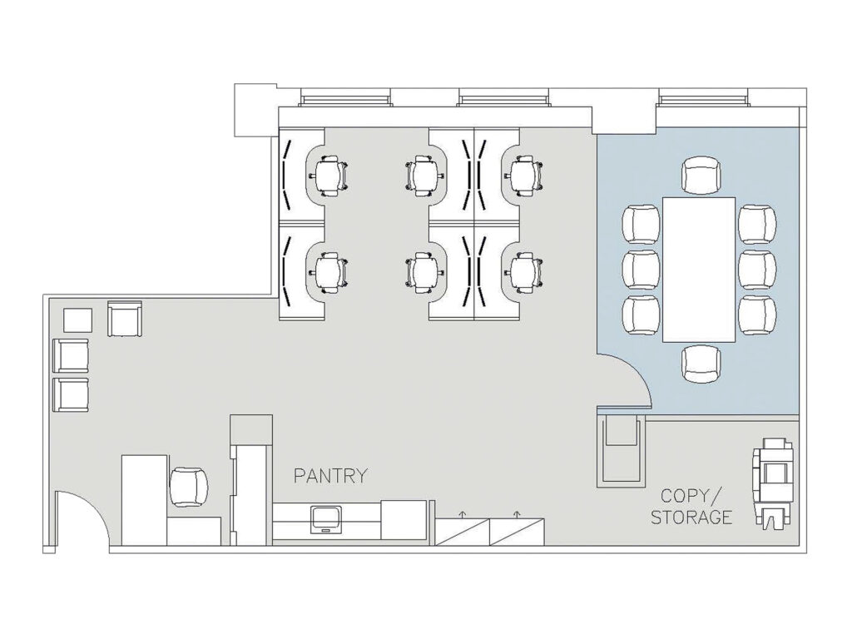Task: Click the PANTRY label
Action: click(x=330, y=476)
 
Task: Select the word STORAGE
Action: click(x=691, y=518)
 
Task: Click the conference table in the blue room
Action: click(x=699, y=270)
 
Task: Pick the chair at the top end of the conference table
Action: click(x=701, y=175)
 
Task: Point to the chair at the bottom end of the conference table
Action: click(x=701, y=364)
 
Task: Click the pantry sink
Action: click(x=326, y=519)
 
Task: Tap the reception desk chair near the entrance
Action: click(x=189, y=488)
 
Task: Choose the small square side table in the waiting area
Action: click(x=77, y=320)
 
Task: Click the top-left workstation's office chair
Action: click(x=327, y=176)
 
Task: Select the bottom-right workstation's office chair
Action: click(x=524, y=273)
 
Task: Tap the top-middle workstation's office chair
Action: click(x=425, y=176)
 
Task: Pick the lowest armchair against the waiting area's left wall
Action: click(x=71, y=395)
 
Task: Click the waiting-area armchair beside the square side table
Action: click(x=125, y=319)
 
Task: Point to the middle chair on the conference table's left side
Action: click(x=641, y=270)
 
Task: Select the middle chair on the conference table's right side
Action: click(x=757, y=270)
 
